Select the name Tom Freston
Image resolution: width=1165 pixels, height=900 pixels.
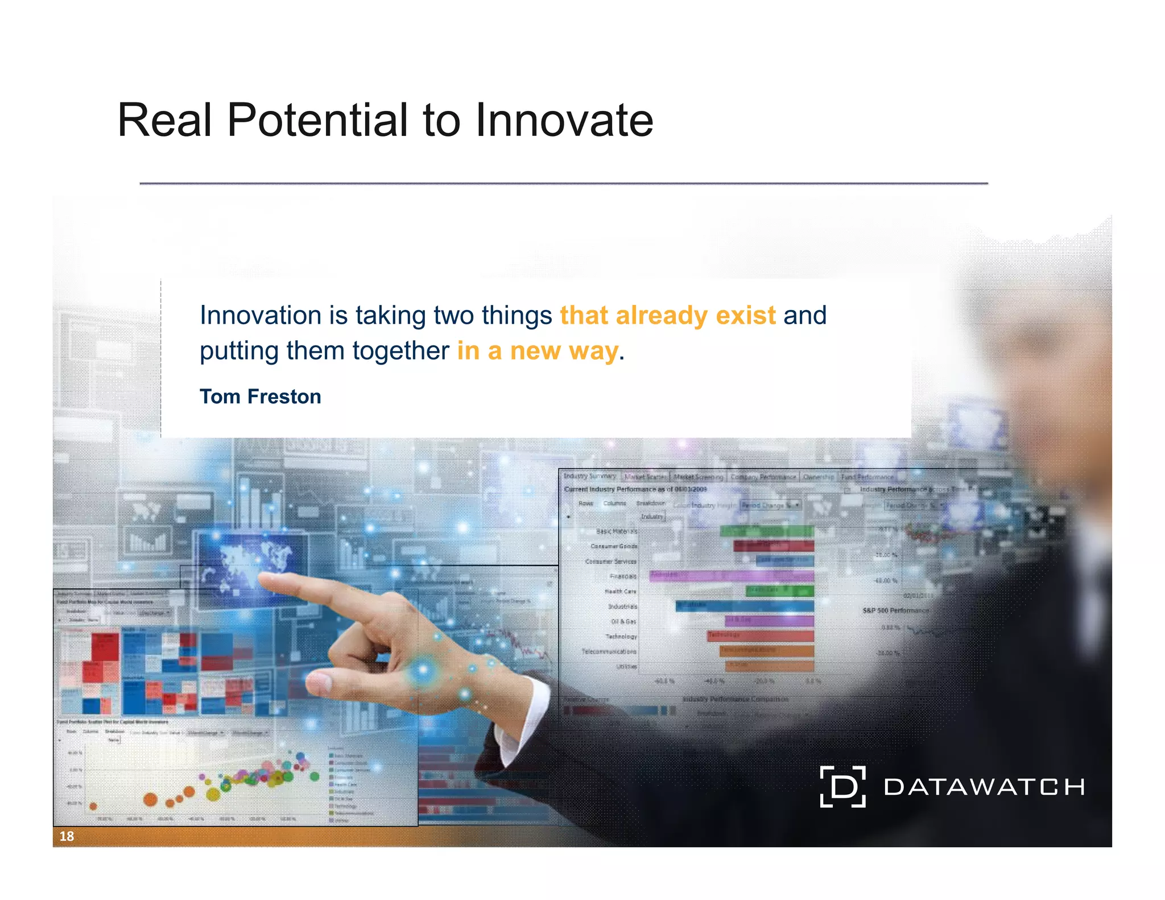click(260, 397)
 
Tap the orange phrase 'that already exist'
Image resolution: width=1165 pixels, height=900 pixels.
click(667, 315)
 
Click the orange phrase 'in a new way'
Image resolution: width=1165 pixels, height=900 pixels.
click(537, 350)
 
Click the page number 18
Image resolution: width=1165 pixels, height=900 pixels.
click(67, 836)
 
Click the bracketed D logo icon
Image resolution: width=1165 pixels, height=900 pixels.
click(842, 787)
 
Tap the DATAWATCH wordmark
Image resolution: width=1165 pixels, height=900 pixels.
click(984, 787)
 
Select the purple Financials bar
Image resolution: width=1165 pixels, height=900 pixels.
click(731, 576)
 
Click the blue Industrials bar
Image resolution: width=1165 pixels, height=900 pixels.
click(744, 606)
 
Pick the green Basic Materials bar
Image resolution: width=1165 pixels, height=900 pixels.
click(766, 531)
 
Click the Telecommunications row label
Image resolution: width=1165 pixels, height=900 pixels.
click(609, 651)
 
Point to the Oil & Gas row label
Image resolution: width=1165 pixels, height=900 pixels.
click(623, 621)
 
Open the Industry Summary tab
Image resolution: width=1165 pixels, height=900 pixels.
click(589, 476)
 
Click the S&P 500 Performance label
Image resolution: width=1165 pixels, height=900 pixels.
click(895, 610)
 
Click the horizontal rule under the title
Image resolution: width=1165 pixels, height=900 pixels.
click(563, 184)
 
